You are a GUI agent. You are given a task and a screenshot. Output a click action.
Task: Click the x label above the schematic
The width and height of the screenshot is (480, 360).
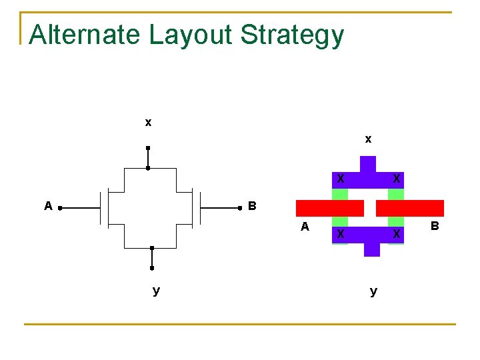pos(148,122)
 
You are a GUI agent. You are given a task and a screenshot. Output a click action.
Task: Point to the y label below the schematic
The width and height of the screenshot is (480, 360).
pos(155,291)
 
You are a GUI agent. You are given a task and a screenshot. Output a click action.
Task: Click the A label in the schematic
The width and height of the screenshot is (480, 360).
pos(48,207)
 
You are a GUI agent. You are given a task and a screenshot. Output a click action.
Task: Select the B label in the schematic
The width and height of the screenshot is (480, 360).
pos(252,206)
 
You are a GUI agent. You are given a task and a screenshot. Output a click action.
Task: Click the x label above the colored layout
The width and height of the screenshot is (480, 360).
pos(368,139)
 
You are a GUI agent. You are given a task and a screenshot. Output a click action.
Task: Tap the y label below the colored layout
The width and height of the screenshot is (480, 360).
pos(373,291)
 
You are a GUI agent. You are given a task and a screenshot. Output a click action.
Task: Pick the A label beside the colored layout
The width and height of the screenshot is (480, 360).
pos(305,227)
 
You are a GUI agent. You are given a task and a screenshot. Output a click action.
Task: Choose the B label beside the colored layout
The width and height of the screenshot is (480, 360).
pos(435,227)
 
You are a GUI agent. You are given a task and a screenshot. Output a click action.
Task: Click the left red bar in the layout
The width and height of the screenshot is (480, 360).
pos(329,208)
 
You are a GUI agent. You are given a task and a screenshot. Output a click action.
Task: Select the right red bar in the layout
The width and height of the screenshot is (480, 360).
pos(409,208)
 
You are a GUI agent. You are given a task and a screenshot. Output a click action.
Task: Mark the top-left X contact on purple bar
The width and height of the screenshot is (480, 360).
pos(340,179)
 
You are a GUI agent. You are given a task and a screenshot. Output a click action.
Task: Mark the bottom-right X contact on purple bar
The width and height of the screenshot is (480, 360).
pos(397,234)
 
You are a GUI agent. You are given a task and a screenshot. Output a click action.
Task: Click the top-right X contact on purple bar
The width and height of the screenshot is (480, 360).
pos(397,179)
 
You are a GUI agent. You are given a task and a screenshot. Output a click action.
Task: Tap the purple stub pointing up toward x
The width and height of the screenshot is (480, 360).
pos(367,164)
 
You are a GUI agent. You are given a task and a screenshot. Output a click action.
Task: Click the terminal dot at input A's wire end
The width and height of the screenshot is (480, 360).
pos(60,209)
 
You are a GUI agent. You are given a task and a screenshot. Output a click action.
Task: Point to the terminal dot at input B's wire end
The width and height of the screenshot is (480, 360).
pos(239,209)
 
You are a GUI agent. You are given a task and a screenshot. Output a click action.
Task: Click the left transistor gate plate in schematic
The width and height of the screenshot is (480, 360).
pos(101,208)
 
